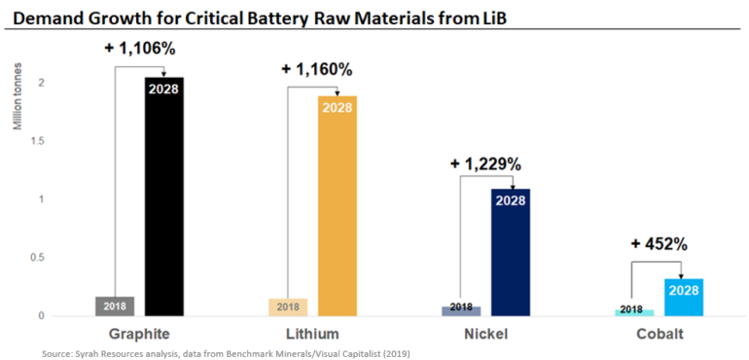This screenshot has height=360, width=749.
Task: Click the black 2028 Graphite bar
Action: (164, 195)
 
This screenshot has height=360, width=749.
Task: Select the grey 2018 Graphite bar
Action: (114, 306)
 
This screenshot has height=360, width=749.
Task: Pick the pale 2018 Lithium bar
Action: (288, 306)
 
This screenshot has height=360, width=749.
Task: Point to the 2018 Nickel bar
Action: (461, 309)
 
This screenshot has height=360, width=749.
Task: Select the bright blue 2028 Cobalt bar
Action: (684, 297)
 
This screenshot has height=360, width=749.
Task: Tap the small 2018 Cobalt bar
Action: (634, 311)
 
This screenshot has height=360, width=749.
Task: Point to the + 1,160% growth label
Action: (316, 69)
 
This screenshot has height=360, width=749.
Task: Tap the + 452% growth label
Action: (660, 244)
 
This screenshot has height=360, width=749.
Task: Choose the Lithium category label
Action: (312, 335)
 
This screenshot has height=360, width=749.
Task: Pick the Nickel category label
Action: (485, 335)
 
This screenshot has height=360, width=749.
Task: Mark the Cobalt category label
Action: (659, 335)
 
